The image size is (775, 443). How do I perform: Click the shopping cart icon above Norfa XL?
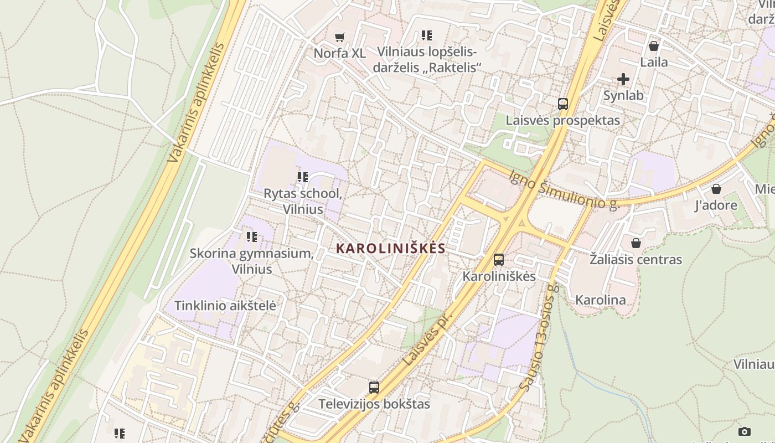coord(340,37)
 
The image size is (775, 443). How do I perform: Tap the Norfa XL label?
coord(339,54)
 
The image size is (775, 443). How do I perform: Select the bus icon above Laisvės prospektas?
coord(563,104)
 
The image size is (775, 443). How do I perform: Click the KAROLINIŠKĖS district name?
coord(391,249)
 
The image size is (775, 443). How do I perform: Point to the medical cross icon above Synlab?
coord(623,79)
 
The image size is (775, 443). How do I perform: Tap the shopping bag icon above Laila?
coord(654,46)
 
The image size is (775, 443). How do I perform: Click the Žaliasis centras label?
coord(635,259)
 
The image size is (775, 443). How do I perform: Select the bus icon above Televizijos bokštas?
coord(374,388)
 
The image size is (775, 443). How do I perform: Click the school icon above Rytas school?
coord(302,177)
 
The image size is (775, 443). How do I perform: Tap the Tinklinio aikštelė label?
coord(225,306)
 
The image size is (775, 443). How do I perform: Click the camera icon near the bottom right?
coord(745,431)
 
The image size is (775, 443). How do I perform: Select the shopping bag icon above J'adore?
coord(716,189)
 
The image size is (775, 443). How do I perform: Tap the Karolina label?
coord(601,300)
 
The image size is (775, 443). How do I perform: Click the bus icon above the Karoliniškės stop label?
coord(499,259)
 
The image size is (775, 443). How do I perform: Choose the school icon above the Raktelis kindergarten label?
coord(426,35)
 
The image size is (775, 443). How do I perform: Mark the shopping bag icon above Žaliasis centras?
coord(636,243)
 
